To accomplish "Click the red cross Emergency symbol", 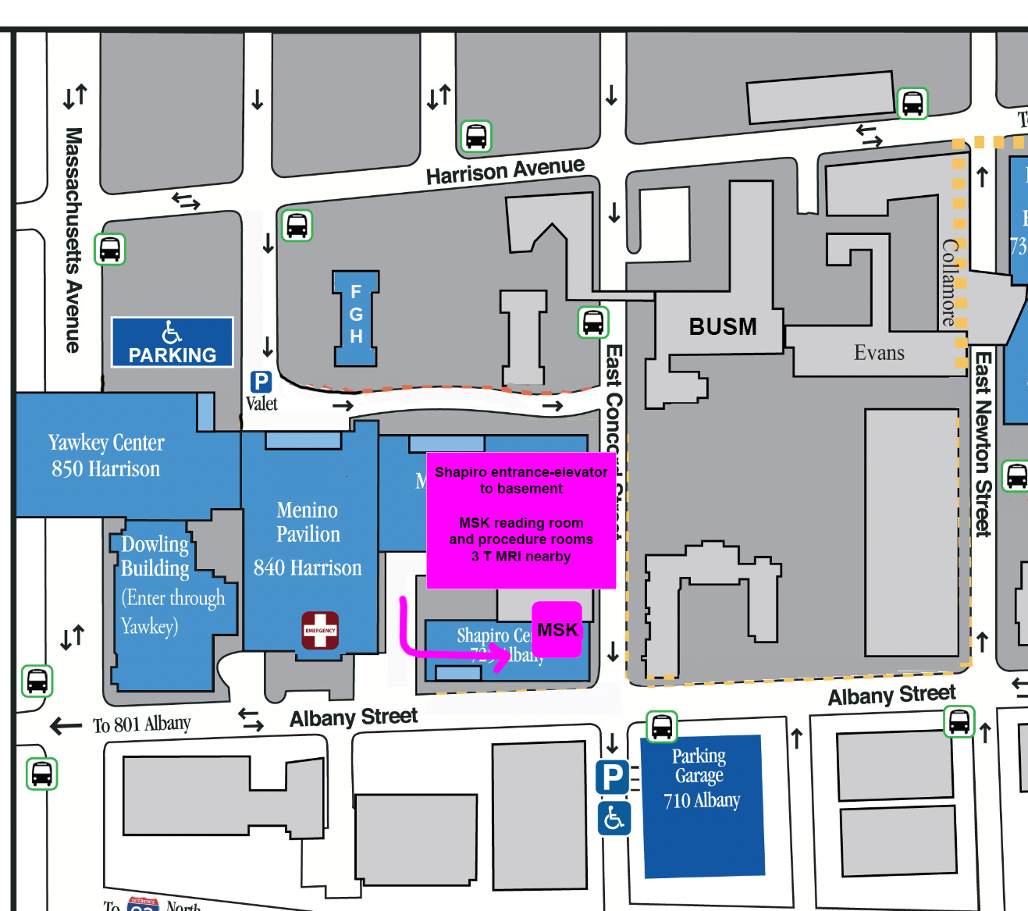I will [320, 631].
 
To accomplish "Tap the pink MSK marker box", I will [557, 629].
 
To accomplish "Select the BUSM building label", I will [723, 326].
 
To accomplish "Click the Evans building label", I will [879, 353].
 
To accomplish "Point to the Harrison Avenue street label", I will [505, 171].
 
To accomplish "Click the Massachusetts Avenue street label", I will [73, 240].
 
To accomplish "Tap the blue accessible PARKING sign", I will [173, 342].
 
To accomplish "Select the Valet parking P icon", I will [261, 382].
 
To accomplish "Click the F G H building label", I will [356, 315].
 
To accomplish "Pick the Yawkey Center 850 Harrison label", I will [106, 455].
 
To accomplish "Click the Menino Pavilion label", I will [308, 521].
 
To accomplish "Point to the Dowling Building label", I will [155, 556].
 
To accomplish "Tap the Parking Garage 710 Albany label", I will [701, 778].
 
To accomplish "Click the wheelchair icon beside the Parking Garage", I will [614, 817].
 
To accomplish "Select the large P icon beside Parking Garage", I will [613, 777].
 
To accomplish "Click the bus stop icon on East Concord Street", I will [593, 322].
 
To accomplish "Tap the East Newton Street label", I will [983, 443].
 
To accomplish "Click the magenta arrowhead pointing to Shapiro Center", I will [500, 653].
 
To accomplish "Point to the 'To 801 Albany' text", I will [141, 724].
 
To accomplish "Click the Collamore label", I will [949, 282].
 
